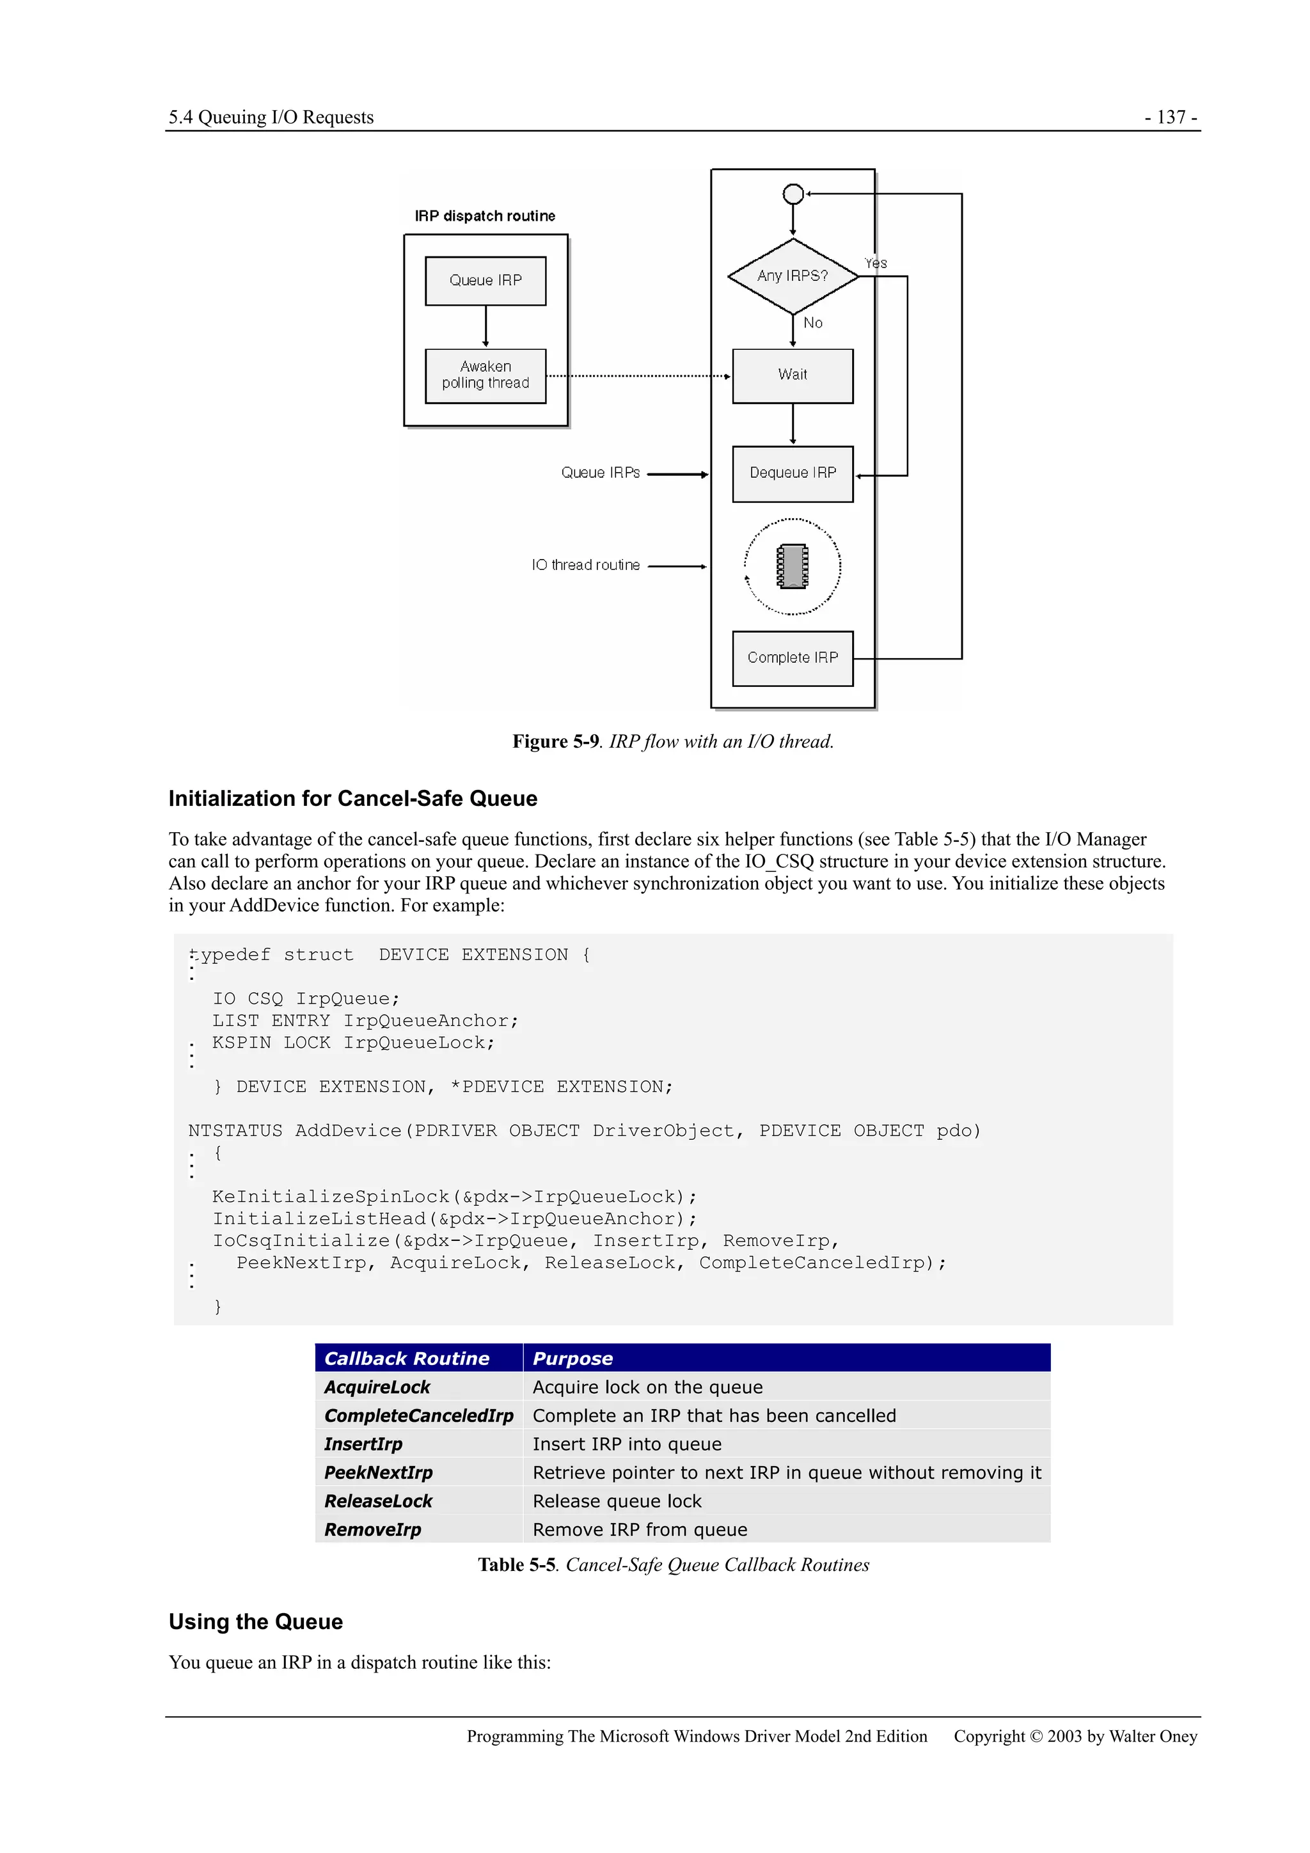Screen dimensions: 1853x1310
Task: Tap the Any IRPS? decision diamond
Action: coord(793,276)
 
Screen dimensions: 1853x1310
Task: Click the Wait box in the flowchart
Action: coord(793,375)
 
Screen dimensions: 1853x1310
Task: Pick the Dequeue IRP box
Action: coord(793,474)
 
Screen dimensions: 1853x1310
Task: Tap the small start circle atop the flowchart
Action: coord(793,194)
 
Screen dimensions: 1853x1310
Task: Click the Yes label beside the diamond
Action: coord(876,263)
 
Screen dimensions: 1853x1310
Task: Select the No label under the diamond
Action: coord(813,323)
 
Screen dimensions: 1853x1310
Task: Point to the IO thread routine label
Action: coord(585,565)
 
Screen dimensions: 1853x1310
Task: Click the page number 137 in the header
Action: coord(1171,117)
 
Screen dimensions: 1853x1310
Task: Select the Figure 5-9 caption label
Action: coord(556,742)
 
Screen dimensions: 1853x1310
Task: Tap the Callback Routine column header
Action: coord(407,1359)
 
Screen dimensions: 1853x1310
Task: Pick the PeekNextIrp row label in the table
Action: coord(379,1473)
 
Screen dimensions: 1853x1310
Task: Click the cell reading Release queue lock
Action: coord(617,1501)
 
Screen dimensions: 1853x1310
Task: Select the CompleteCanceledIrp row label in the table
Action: coord(419,1415)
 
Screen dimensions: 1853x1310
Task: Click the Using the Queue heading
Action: coord(256,1622)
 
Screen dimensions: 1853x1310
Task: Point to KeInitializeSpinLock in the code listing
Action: coord(331,1197)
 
